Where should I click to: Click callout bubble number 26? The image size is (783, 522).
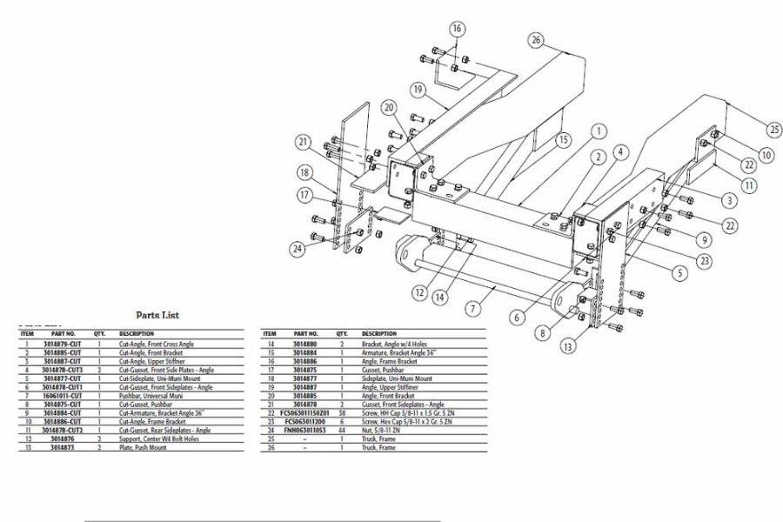coord(536,40)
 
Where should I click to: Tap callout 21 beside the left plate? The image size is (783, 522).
coord(303,143)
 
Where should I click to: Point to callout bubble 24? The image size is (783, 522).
coord(298,249)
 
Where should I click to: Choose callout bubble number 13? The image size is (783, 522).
coord(568,346)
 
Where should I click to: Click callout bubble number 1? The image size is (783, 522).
coord(599,131)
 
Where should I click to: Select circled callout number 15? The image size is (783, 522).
coord(564,139)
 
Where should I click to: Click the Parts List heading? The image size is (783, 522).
coord(157,315)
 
